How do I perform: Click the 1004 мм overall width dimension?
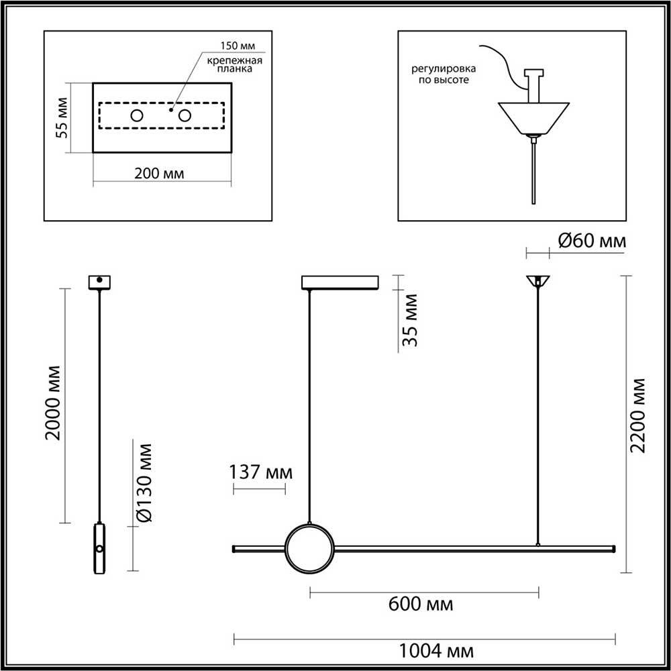click(436, 650)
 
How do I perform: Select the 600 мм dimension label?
click(421, 604)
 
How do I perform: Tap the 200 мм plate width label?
click(159, 174)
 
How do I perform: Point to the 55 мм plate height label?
click(62, 118)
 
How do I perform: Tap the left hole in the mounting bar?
click(137, 115)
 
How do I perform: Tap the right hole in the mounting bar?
click(184, 115)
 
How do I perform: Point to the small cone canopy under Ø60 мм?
click(537, 280)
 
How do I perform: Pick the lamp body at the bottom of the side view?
click(99, 548)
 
